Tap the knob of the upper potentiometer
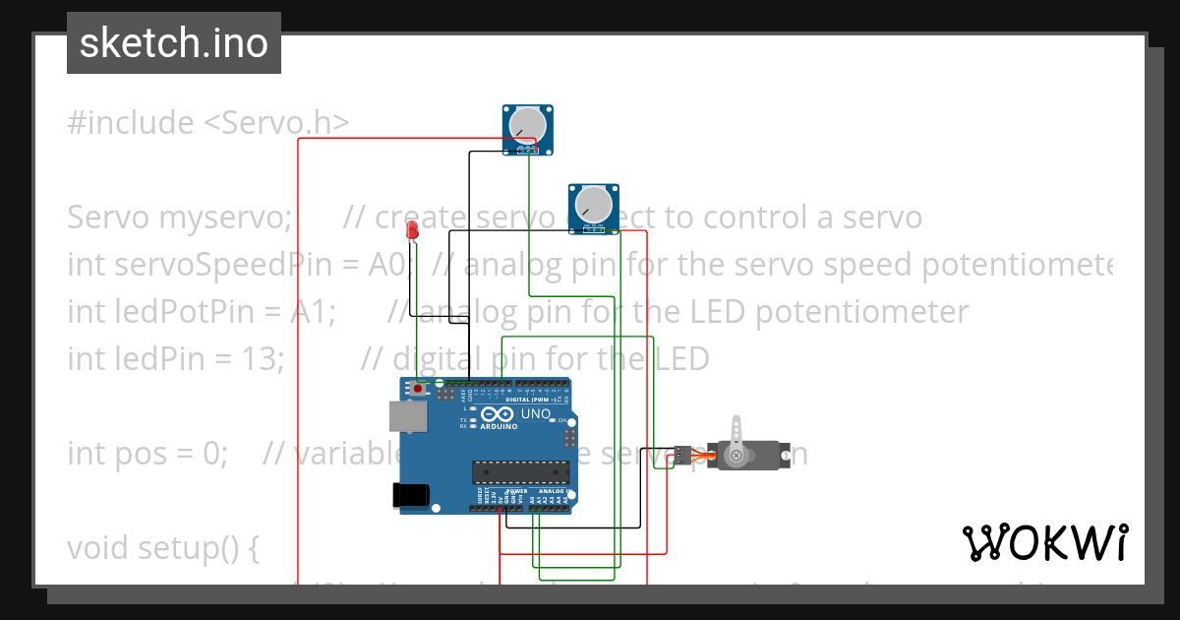[x=528, y=124]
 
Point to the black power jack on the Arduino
[x=411, y=495]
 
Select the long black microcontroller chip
[x=520, y=473]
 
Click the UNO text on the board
[x=535, y=414]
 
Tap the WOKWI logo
[x=1044, y=542]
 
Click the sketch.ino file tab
[x=174, y=43]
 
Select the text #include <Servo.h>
[x=207, y=123]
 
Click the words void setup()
[x=162, y=547]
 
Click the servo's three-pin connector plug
[x=681, y=455]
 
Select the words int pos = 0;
[x=147, y=453]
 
